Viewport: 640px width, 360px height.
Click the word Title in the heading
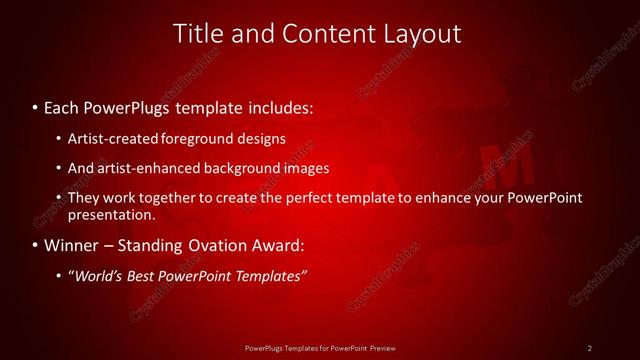point(198,33)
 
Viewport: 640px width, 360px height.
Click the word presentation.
point(111,214)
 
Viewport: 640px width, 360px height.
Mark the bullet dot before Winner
point(36,245)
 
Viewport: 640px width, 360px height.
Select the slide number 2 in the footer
point(589,348)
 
